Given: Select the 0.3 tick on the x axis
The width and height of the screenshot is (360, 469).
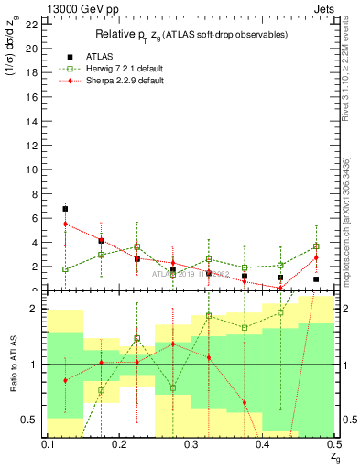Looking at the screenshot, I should pyautogui.click(x=191, y=444).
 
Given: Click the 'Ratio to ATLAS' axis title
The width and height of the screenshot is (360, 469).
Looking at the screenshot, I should pyautogui.click(x=12, y=365).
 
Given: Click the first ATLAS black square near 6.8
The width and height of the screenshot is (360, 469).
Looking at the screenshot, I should pyautogui.click(x=65, y=209).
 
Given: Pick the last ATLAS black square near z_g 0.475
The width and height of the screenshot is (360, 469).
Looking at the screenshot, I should pyautogui.click(x=316, y=279).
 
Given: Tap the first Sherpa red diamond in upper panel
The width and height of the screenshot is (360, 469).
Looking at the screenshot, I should pyautogui.click(x=65, y=224).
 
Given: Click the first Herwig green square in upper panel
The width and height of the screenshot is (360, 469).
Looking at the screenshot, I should pyautogui.click(x=65, y=269).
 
